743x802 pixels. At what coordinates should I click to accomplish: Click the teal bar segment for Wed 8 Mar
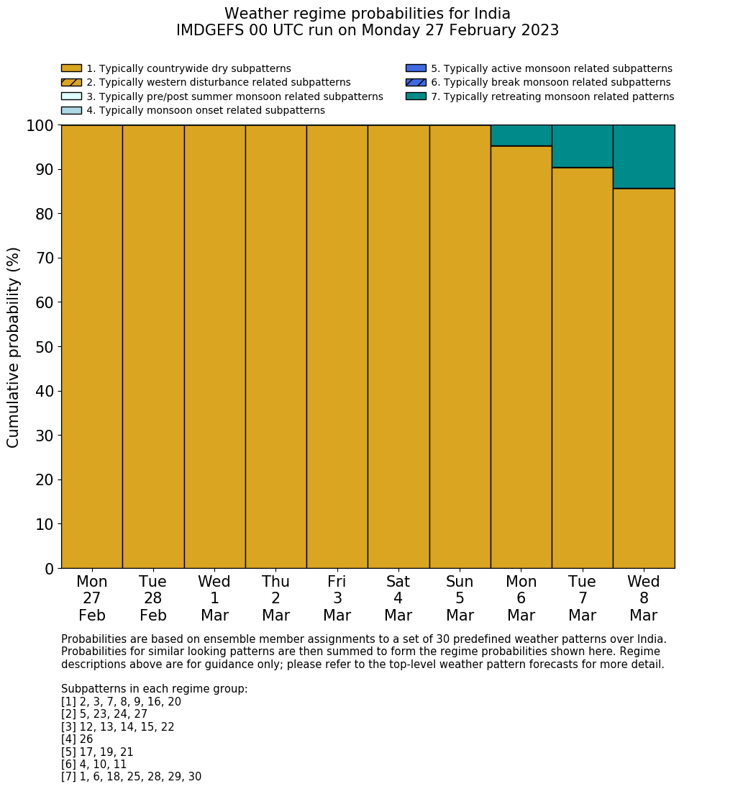tap(644, 157)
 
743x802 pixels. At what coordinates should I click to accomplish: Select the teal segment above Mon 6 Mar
tap(521, 136)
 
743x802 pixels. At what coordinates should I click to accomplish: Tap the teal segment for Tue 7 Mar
tap(582, 147)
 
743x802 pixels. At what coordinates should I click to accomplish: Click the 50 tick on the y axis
tap(45, 347)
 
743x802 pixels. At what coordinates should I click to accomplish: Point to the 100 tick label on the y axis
tap(40, 126)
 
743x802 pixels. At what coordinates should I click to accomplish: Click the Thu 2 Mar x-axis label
tap(275, 598)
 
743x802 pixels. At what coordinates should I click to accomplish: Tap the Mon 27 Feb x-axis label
tap(91, 598)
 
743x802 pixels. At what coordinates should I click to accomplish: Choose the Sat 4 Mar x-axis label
tap(398, 598)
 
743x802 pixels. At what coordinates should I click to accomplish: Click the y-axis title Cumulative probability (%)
tap(14, 347)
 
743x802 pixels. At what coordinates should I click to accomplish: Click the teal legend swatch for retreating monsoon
tap(416, 96)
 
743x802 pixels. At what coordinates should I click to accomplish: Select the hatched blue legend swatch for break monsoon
tap(416, 83)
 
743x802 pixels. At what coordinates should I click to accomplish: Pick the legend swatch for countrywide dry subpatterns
tap(71, 69)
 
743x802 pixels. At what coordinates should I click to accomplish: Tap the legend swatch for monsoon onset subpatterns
tap(71, 111)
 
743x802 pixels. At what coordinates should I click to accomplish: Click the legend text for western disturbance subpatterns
tap(219, 83)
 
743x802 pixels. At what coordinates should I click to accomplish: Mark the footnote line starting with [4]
tap(77, 739)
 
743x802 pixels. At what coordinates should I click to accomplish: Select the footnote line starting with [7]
tap(131, 777)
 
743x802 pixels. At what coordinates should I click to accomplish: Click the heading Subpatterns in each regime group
tap(154, 689)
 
